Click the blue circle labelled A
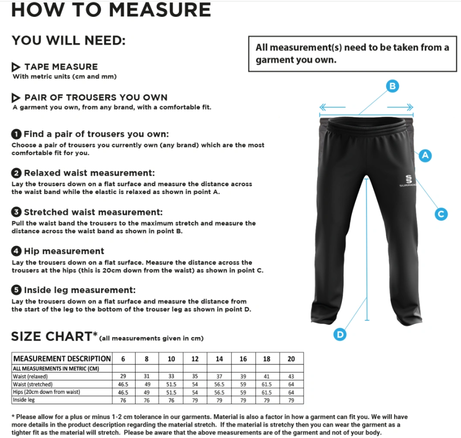pyautogui.click(x=425, y=155)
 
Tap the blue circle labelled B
pyautogui.click(x=393, y=86)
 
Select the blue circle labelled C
pyautogui.click(x=441, y=214)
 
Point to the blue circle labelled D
pyautogui.click(x=340, y=334)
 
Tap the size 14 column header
pyautogui.click(x=219, y=359)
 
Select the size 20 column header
pyautogui.click(x=291, y=359)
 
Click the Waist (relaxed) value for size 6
pyautogui.click(x=124, y=377)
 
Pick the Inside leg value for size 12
pyautogui.click(x=195, y=400)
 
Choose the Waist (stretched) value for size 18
pyautogui.click(x=267, y=384)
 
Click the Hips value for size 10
pyautogui.click(x=171, y=392)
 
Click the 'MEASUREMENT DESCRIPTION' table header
pyautogui.click(x=62, y=359)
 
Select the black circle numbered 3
pyautogui.click(x=16, y=212)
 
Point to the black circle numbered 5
pyautogui.click(x=16, y=290)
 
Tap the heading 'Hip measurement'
pyautogui.click(x=64, y=251)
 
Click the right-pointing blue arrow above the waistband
pyautogui.click(x=400, y=107)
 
